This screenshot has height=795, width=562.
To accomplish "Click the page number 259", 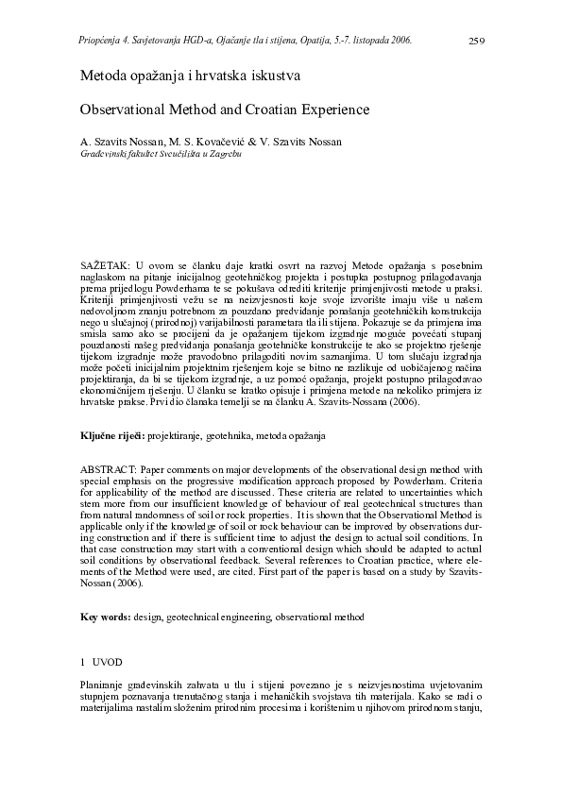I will pos(477,41).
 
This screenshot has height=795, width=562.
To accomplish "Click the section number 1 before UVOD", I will pos(83,661).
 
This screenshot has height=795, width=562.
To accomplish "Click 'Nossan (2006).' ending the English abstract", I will pos(111,584).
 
